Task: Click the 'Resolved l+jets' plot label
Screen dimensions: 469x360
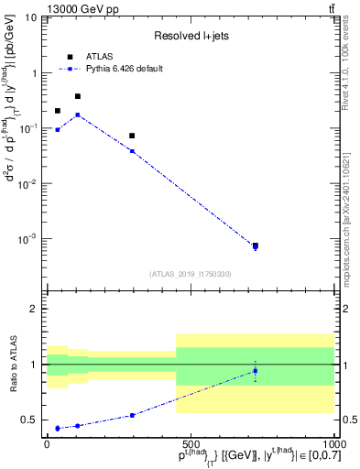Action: click(x=190, y=36)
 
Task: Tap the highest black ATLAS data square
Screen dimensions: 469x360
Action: click(x=78, y=96)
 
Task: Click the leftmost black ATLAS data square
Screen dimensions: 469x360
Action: click(x=58, y=111)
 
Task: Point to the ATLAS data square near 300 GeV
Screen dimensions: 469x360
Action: click(x=132, y=136)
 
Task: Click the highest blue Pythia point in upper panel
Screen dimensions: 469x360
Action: click(x=78, y=115)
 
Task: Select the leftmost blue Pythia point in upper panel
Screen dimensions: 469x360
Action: click(x=58, y=130)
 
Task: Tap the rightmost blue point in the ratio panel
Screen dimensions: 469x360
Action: click(x=256, y=371)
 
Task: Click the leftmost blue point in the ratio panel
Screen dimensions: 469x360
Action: click(x=58, y=428)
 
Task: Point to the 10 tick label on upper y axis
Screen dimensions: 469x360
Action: click(x=30, y=17)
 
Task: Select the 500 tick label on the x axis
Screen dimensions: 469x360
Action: click(x=190, y=443)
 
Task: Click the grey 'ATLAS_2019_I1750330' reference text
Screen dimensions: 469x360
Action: click(x=190, y=273)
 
